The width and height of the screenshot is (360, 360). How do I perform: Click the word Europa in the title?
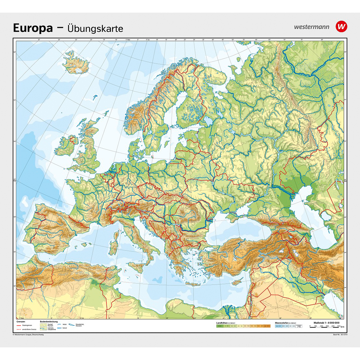tap(33, 28)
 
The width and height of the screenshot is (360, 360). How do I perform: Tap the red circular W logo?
tap(341, 26)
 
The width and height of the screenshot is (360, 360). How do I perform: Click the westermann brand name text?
tap(311, 27)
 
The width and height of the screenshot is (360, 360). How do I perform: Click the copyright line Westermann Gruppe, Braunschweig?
tap(28, 334)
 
